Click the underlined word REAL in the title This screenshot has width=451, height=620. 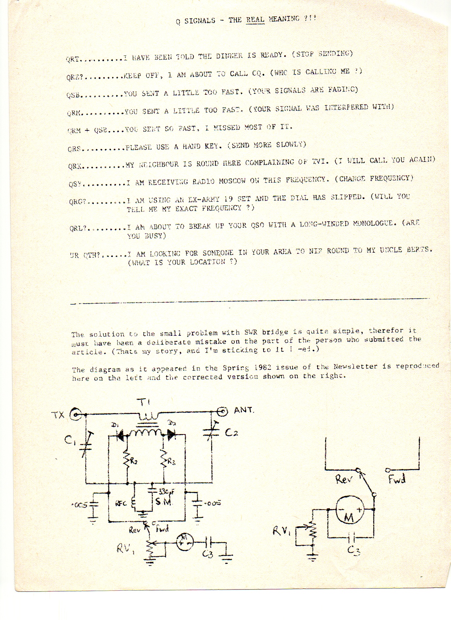[x=255, y=19]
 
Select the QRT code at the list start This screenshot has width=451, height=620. [x=73, y=59]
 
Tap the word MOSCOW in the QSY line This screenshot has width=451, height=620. [x=232, y=181]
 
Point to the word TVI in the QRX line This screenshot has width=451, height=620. [x=320, y=162]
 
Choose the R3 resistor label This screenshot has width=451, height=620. [x=171, y=461]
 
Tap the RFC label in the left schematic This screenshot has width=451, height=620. [x=121, y=503]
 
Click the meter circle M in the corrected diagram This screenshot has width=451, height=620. [x=349, y=509]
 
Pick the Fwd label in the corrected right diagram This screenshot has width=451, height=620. [x=397, y=479]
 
